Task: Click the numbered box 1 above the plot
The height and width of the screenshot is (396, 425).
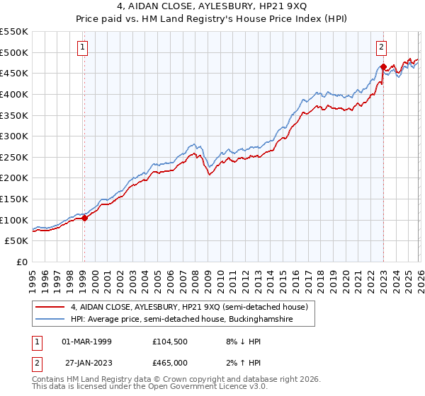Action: [83, 47]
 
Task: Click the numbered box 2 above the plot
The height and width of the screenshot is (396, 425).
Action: [381, 47]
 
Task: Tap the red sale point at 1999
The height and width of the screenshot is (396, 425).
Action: [84, 218]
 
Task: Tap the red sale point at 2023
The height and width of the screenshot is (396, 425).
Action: [383, 67]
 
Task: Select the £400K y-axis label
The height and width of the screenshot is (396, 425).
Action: [14, 94]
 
